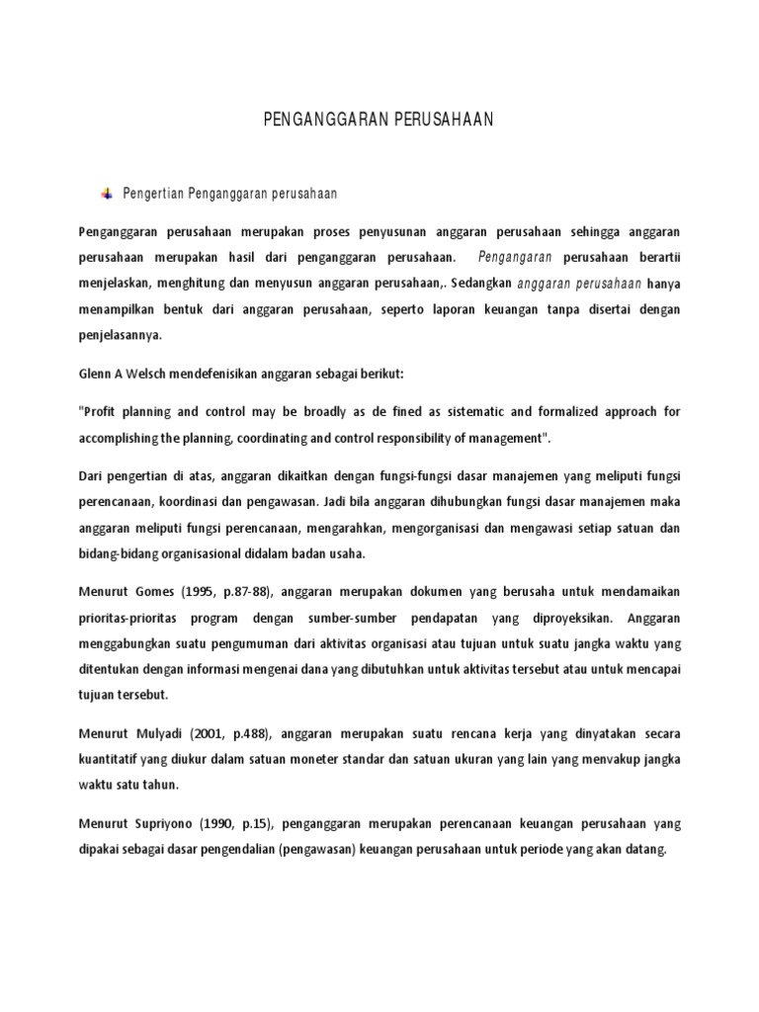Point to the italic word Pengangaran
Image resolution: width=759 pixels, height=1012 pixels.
pos(515,258)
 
